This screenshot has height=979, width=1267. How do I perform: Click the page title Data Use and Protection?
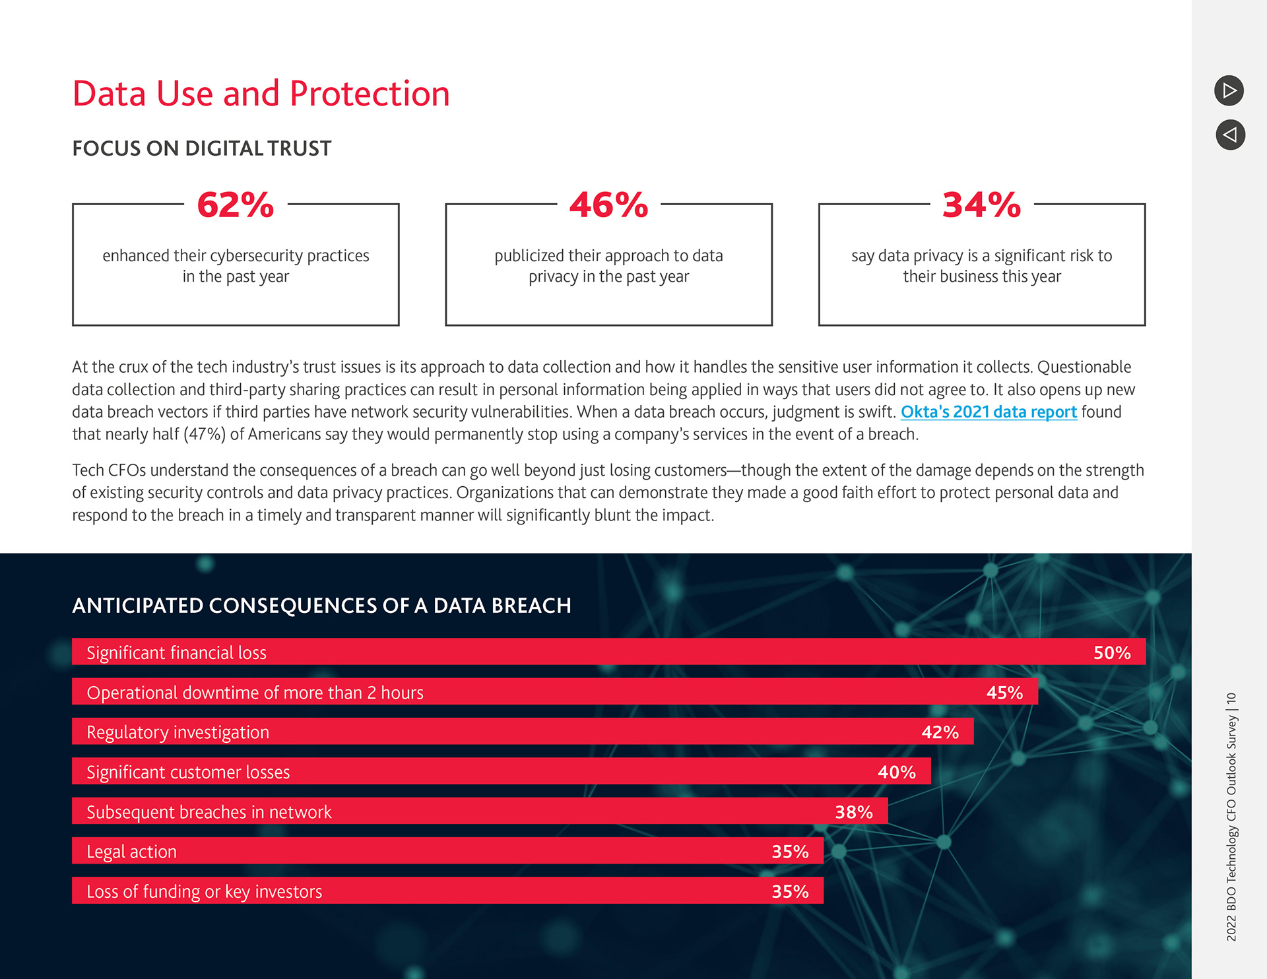click(261, 94)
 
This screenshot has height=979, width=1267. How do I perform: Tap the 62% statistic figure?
click(236, 205)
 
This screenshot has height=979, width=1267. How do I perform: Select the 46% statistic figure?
click(608, 205)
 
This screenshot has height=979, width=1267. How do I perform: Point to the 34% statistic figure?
click(981, 205)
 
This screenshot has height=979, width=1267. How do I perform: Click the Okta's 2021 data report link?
click(989, 412)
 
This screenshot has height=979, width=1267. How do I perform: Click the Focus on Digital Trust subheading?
click(201, 148)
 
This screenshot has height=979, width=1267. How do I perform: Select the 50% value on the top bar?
click(1112, 652)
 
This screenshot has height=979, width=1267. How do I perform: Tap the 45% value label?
click(1004, 692)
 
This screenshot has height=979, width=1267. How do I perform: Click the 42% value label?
click(940, 732)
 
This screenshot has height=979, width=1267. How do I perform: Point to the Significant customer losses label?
click(188, 772)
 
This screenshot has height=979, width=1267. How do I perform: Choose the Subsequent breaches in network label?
click(209, 811)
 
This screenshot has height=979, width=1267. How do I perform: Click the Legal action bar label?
click(131, 852)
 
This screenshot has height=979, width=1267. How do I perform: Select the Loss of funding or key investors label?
click(204, 891)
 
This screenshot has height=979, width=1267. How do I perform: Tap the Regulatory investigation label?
click(178, 732)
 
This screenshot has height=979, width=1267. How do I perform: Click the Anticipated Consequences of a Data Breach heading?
click(321, 606)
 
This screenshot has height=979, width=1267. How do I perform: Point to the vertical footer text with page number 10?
click(1231, 816)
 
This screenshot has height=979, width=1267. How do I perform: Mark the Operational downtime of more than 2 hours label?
click(255, 693)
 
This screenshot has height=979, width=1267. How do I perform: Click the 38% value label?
click(853, 811)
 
